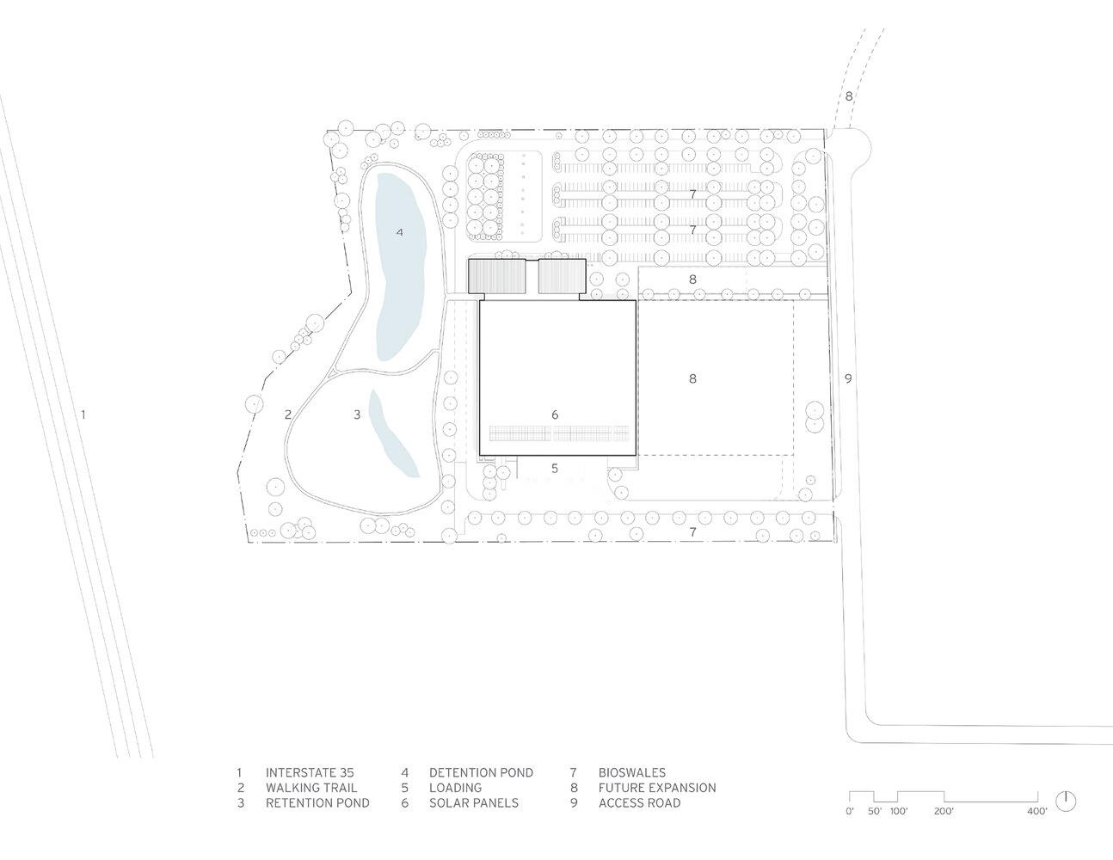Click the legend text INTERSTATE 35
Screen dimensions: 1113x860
tap(310, 772)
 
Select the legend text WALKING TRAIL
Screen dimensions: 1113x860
tap(311, 788)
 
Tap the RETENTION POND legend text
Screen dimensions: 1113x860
tap(317, 802)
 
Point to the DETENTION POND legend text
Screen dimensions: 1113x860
tap(481, 772)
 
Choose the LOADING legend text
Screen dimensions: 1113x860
tap(455, 788)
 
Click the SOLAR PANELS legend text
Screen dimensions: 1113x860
tap(474, 802)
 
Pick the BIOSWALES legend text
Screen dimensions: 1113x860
tap(632, 772)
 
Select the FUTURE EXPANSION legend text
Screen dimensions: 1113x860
tap(657, 788)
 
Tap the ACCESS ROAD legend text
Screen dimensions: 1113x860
tap(639, 802)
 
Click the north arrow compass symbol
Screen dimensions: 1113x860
tap(1066, 802)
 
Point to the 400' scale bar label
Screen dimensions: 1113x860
tap(1037, 811)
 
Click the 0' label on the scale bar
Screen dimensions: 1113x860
tap(850, 811)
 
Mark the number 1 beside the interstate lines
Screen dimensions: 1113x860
tap(83, 415)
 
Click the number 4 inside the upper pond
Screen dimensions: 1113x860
tap(399, 232)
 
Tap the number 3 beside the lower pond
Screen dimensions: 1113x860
tap(357, 415)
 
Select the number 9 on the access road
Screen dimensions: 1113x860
tap(848, 378)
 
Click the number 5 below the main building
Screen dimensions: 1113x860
tap(555, 468)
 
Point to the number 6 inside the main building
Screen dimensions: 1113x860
tap(555, 415)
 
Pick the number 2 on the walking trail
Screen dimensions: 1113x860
tap(288, 415)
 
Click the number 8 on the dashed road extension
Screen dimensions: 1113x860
tap(849, 96)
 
